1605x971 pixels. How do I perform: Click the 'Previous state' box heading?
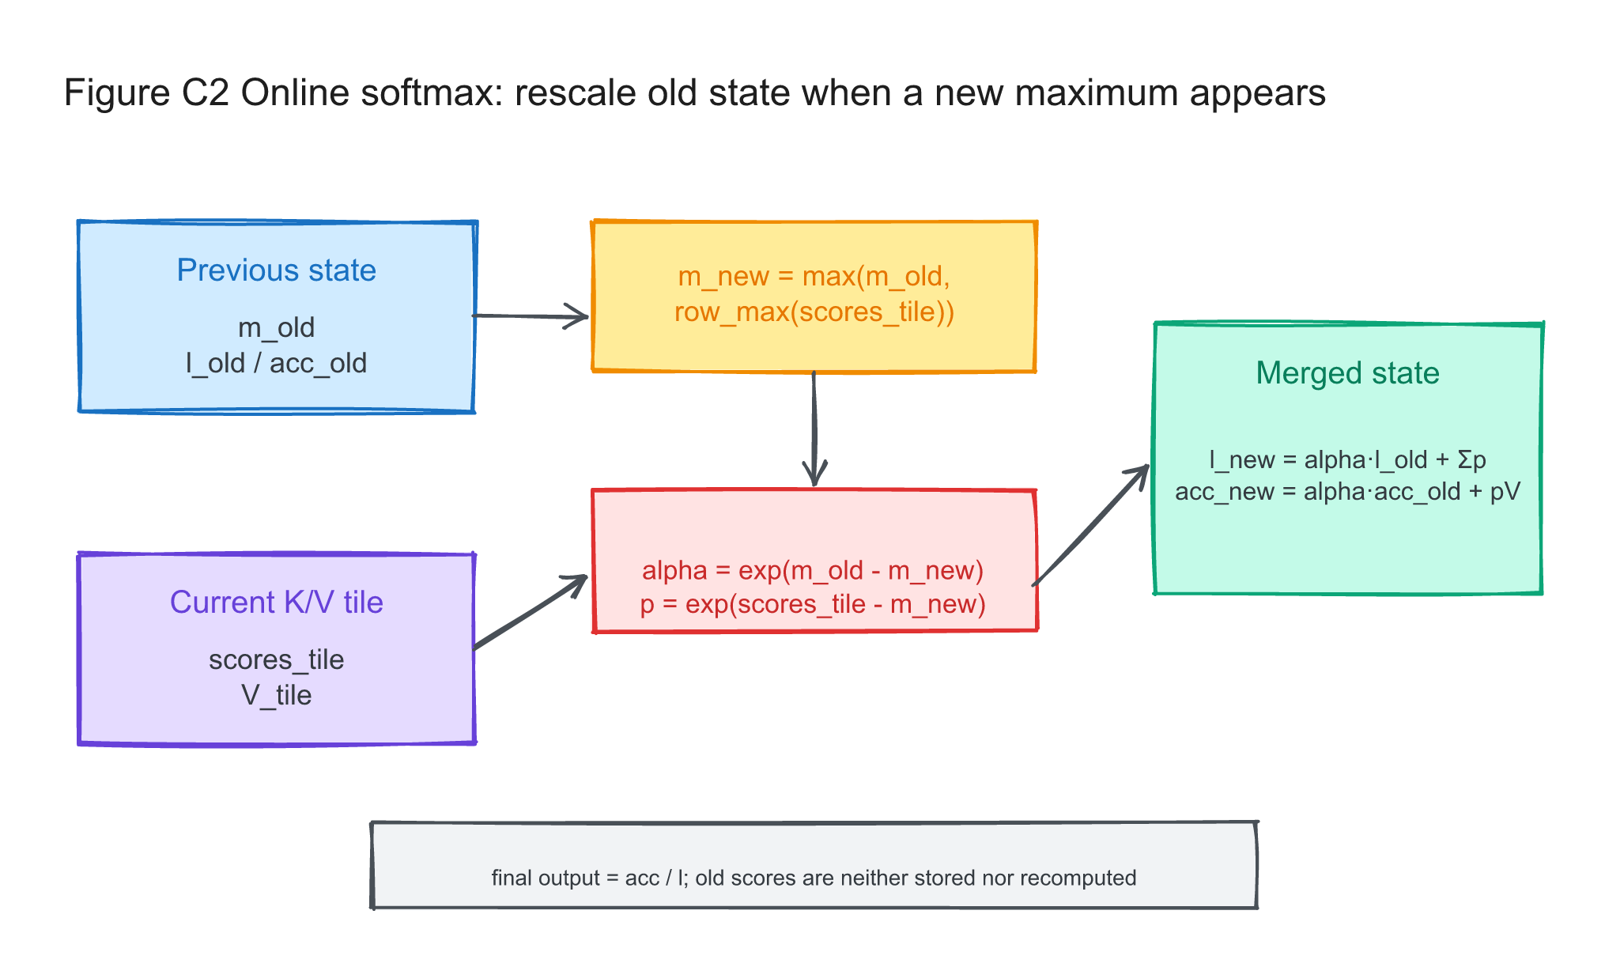[x=276, y=270]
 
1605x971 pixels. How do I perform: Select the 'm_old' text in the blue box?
[x=276, y=327]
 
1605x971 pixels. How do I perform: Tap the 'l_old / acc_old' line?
[x=276, y=363]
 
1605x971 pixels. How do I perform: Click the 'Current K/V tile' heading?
[x=276, y=603]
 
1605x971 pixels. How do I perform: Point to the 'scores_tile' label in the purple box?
[x=276, y=659]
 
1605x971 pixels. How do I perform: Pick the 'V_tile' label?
[x=276, y=695]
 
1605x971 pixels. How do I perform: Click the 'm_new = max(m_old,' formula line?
[x=814, y=276]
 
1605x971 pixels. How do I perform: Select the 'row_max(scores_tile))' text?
[x=814, y=312]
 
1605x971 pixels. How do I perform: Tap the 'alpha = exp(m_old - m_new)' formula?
[x=813, y=570]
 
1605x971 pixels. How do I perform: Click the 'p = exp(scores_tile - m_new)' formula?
[x=813, y=604]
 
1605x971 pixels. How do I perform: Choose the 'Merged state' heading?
[x=1347, y=373]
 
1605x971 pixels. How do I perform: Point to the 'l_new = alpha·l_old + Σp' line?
[x=1347, y=459]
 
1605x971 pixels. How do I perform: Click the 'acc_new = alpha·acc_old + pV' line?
[x=1347, y=492]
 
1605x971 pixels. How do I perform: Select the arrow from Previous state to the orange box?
[x=531, y=316]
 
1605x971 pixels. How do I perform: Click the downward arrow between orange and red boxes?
[x=814, y=429]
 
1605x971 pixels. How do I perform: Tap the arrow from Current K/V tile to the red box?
[x=531, y=612]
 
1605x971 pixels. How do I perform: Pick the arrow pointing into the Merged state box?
[x=1091, y=525]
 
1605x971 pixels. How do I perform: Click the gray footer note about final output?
[x=814, y=878]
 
